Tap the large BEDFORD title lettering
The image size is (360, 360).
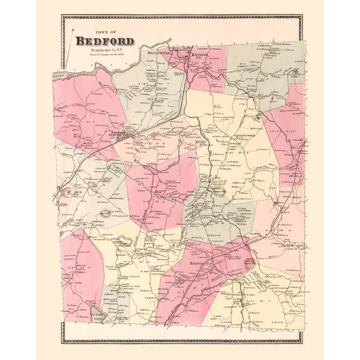point(105,41)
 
